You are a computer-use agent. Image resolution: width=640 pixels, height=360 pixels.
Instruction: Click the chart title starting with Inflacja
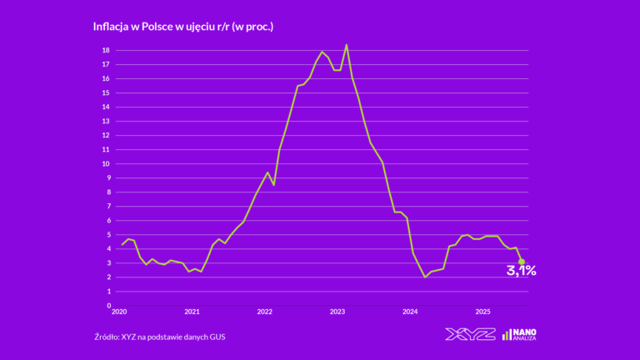click(183, 27)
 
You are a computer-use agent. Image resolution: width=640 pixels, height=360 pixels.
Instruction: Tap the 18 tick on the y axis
click(106, 50)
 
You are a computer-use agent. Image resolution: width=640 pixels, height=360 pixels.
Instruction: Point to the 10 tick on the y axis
click(106, 163)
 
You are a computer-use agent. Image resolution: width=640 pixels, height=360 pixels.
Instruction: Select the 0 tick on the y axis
click(108, 305)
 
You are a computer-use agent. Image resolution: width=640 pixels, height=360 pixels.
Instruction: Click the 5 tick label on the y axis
click(108, 234)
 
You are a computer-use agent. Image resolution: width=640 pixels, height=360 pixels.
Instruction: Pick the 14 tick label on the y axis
click(106, 107)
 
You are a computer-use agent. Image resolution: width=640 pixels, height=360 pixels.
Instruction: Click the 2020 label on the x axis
click(119, 312)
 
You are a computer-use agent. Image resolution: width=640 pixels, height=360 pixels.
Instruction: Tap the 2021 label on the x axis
click(192, 312)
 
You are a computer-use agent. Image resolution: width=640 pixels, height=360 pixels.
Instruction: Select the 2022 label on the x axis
click(264, 312)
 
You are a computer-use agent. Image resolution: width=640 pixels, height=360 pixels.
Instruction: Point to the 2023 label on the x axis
click(337, 312)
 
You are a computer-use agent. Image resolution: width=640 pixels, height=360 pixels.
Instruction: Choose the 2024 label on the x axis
click(410, 312)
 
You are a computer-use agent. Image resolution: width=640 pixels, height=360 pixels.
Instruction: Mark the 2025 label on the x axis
click(482, 312)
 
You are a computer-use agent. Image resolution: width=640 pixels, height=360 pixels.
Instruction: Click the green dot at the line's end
click(522, 262)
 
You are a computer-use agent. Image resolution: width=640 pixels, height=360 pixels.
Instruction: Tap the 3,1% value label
click(521, 272)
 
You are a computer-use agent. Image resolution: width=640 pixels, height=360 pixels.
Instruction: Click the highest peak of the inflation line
click(347, 45)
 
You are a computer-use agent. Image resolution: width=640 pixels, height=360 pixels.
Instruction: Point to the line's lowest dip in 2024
click(425, 277)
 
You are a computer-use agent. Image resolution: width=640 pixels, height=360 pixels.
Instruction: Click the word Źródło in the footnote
click(110, 337)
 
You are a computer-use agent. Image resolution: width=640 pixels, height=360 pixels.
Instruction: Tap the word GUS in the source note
click(217, 337)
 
